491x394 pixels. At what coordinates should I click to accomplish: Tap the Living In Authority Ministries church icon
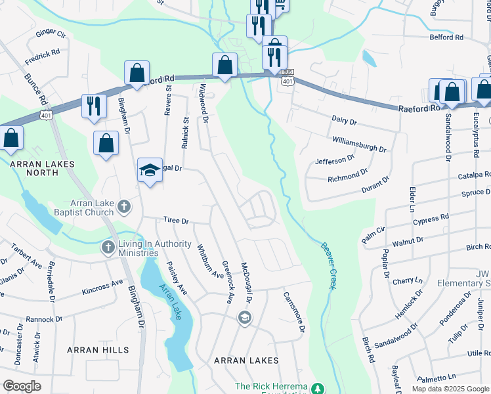108,248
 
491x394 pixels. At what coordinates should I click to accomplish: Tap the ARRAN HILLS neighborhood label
98,350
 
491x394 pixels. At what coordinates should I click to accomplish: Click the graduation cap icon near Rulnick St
150,170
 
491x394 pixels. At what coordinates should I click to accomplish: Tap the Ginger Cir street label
51,32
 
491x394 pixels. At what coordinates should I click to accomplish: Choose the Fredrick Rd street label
43,55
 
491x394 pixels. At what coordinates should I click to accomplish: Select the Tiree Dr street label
176,221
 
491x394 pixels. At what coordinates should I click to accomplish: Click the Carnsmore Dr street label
294,311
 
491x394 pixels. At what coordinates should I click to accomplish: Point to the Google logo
22,386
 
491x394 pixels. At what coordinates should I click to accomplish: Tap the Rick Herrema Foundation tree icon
318,388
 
